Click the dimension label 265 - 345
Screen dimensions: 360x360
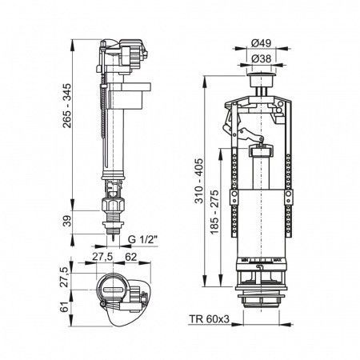coord(67,106)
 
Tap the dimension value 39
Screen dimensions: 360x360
coord(67,221)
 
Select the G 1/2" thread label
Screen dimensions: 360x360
coord(142,239)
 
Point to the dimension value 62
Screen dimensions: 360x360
coord(131,257)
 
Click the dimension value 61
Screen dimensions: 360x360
coord(64,307)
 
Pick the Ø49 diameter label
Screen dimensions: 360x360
coord(262,42)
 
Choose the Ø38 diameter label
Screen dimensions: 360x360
coord(262,58)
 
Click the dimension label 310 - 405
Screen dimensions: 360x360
coord(198,181)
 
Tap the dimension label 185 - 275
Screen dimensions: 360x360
coord(214,212)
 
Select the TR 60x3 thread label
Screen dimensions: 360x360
coord(210,319)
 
